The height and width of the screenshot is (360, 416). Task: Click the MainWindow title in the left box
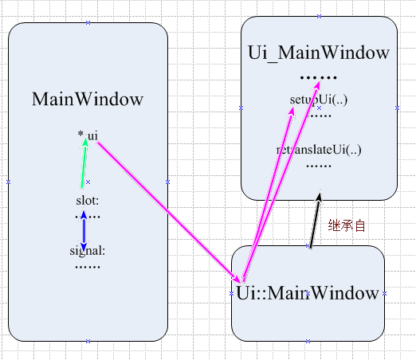coord(88,100)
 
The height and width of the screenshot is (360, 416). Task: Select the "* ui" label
coord(88,136)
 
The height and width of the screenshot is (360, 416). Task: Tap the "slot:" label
coord(88,200)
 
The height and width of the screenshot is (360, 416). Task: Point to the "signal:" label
coord(88,251)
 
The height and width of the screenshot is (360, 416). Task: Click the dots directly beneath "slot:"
coord(88,215)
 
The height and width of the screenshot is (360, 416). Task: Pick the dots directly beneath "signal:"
coord(88,266)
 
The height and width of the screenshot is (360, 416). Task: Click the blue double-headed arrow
coord(84,226)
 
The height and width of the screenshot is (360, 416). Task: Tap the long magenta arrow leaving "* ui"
coord(167,207)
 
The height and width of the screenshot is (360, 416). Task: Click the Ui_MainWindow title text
coord(319,53)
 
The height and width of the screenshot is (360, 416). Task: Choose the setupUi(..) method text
coord(319,100)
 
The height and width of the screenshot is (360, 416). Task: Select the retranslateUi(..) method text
coord(319,150)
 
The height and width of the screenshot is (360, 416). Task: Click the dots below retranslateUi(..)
coord(319,166)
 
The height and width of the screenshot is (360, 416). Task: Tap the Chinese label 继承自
coord(347,225)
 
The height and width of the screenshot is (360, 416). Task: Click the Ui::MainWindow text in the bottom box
coord(308,292)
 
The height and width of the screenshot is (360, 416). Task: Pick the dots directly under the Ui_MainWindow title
coord(319,77)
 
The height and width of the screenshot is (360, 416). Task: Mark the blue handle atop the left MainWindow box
coord(88,23)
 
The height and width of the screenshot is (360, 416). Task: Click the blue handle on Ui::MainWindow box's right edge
coord(384,293)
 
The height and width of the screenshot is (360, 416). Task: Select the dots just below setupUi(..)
coord(320,115)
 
